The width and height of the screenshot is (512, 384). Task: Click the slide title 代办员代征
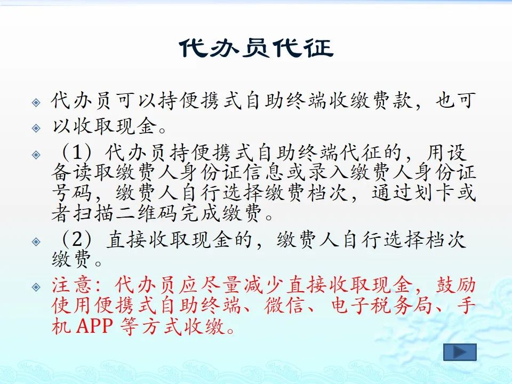coord(257,48)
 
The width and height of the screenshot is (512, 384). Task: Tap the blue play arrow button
coord(460,353)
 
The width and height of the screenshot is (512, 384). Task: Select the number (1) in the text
coord(76,153)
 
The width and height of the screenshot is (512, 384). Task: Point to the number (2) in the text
coord(76,239)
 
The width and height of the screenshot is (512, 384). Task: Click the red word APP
coord(94,325)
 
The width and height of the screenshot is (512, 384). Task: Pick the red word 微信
coord(284,305)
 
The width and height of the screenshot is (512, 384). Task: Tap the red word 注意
coord(71,285)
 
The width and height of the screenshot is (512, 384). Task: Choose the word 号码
coord(71,193)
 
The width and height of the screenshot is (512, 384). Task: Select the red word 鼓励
coord(456,285)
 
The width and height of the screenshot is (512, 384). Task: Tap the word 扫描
coord(93,213)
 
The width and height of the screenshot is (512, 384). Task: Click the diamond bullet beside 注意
coord(36,287)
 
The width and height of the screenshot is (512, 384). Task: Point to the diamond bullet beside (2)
coord(36,242)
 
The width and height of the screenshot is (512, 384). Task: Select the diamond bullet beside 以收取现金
coord(36,127)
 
